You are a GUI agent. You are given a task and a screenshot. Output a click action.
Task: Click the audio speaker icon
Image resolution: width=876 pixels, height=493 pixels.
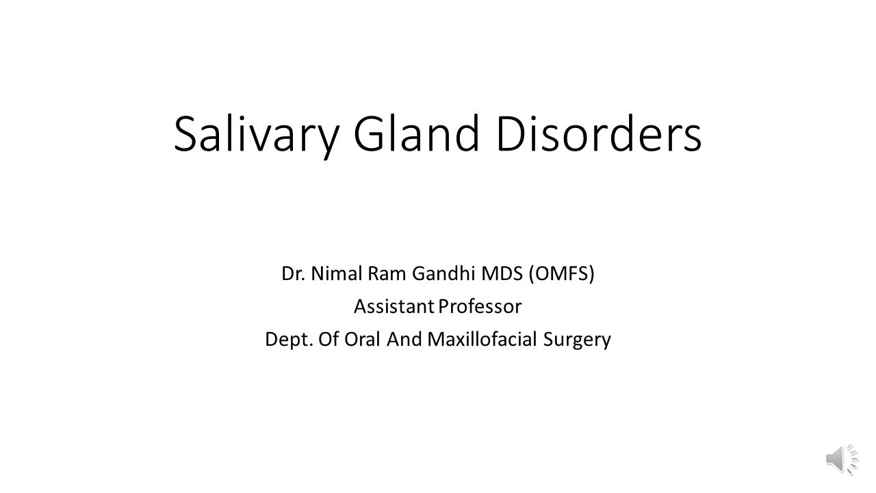[841, 459]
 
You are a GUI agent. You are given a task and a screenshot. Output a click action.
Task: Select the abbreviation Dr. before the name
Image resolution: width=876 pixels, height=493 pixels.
[294, 274]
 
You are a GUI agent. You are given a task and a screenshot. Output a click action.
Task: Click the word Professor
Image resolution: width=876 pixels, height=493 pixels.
[480, 307]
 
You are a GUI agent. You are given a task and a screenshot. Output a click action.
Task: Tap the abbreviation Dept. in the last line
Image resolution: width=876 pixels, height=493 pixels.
[289, 340]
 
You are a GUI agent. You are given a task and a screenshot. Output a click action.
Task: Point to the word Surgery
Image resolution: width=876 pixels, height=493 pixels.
[576, 340]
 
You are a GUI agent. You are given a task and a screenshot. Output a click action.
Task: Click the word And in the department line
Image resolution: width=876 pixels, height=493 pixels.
[404, 340]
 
